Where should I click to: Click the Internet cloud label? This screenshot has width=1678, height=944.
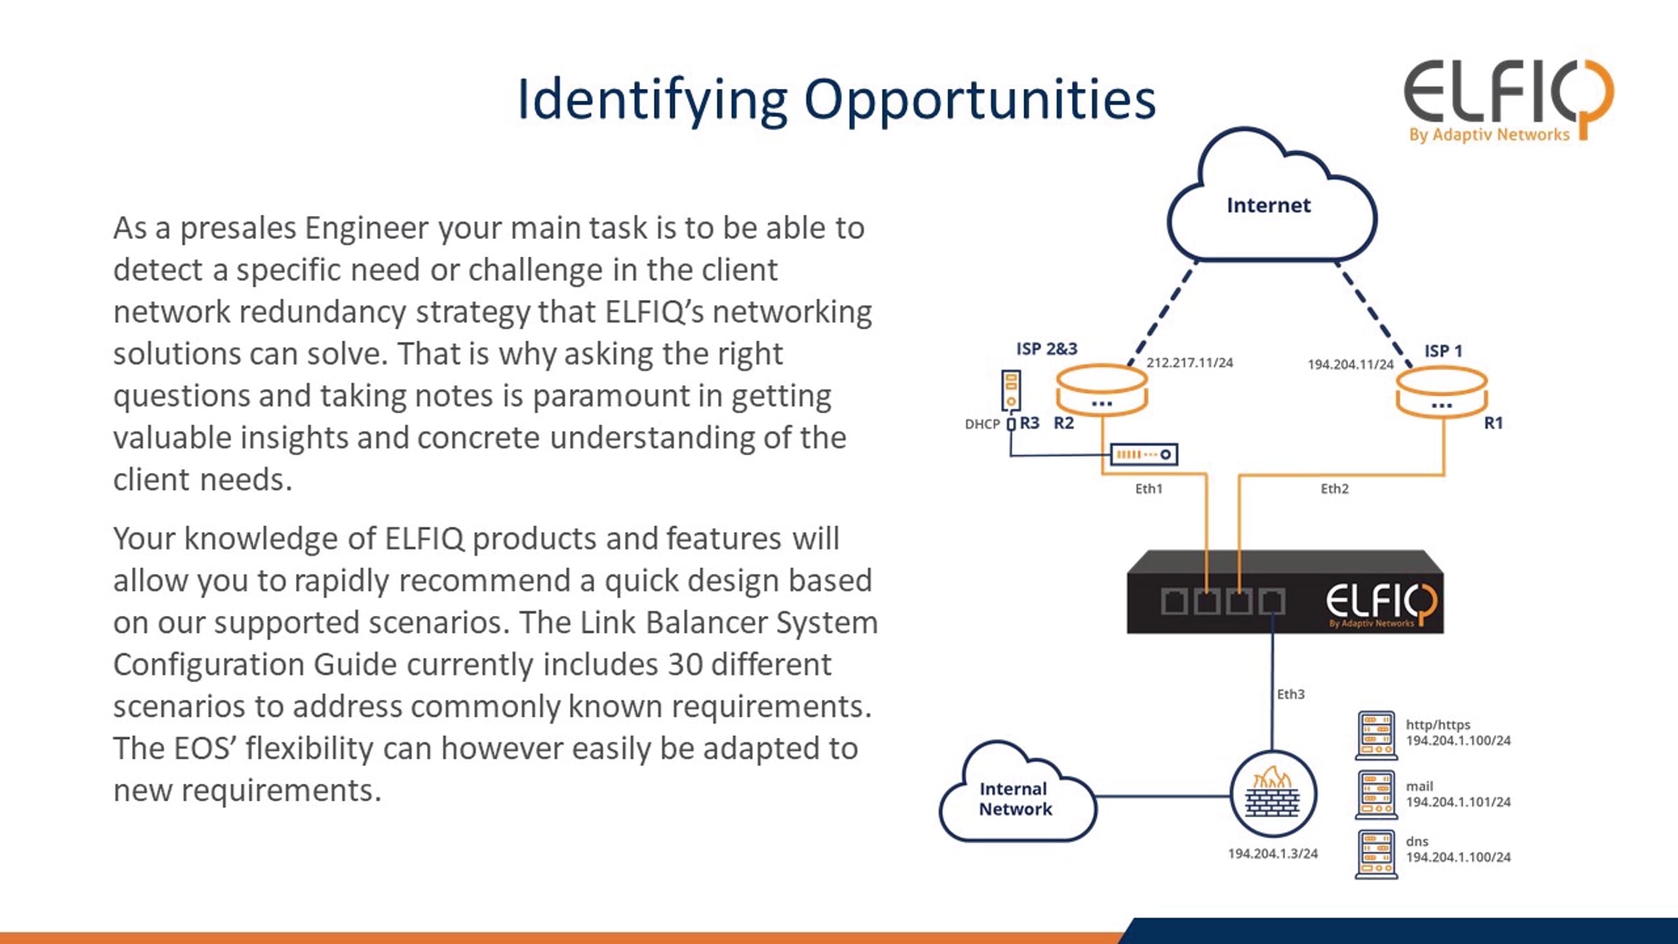pos(1268,206)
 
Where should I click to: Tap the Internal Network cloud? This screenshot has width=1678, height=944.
pos(1015,799)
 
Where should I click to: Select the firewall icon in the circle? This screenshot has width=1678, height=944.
pos(1272,794)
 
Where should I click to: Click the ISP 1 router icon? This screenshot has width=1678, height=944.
pos(1441,392)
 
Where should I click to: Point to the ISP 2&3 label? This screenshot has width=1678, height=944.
pos(1046,348)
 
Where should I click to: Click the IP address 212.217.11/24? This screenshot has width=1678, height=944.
pos(1189,363)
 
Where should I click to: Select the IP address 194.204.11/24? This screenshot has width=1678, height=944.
pos(1350,364)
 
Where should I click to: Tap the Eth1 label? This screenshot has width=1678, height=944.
pos(1149,489)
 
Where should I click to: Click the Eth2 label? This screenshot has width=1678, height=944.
pos(1334,489)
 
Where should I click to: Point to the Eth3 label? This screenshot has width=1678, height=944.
pos(1291,694)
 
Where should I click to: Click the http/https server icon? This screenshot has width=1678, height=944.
pos(1376,736)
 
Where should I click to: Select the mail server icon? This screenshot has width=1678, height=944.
pos(1376,794)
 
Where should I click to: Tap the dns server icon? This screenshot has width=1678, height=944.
pos(1376,854)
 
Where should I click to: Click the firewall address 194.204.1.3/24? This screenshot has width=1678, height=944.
pos(1272,854)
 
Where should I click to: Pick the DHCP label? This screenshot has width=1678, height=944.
pos(982,424)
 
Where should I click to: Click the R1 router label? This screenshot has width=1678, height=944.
pos(1493,423)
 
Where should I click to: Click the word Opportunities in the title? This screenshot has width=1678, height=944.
pos(980,100)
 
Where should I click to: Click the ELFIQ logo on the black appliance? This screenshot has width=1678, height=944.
pos(1380,603)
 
